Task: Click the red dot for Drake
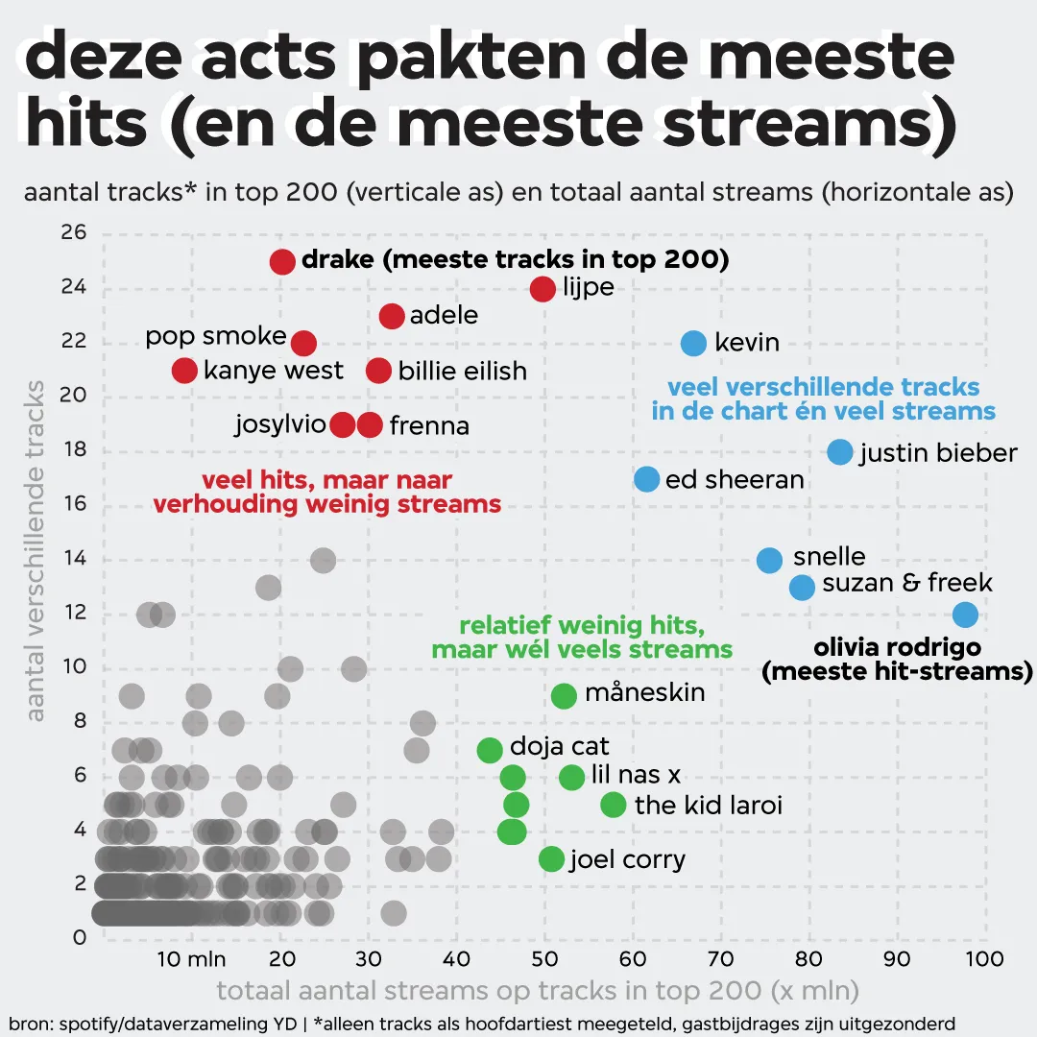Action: (281, 261)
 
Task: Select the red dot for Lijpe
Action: (543, 288)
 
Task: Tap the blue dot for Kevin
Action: (693, 343)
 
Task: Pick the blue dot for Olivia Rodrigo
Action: (965, 614)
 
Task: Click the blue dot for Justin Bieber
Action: (840, 452)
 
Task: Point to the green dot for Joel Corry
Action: (551, 858)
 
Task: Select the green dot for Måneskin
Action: (565, 695)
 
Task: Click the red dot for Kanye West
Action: (184, 371)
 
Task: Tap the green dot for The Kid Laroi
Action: (614, 805)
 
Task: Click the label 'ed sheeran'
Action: (735, 479)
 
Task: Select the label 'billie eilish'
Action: (462, 371)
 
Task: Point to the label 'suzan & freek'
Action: (906, 583)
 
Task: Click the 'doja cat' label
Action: (559, 746)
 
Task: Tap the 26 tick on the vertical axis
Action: (75, 232)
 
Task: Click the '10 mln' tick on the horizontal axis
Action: (191, 958)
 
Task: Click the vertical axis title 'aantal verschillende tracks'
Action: (36, 551)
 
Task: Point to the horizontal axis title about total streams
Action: (538, 990)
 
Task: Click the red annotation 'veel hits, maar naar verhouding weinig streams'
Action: (326, 492)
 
